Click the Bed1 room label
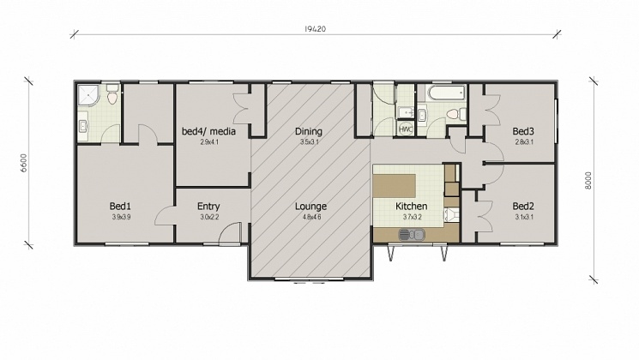click(120, 206)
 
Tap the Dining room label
click(309, 131)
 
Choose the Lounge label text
click(310, 206)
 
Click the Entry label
click(208, 206)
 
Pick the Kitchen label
click(411, 206)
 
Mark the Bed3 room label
click(523, 131)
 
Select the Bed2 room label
click(523, 206)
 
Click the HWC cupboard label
click(406, 129)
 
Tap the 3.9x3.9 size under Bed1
click(120, 217)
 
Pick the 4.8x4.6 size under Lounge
click(310, 217)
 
